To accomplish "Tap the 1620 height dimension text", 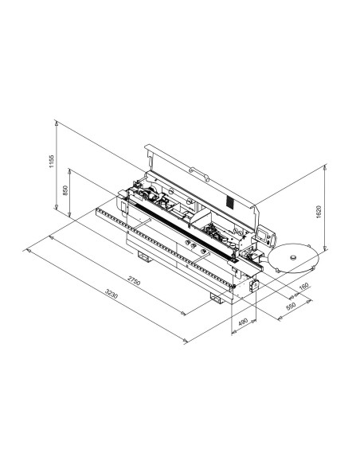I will point(319,212).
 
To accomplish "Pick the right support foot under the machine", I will point(217,297).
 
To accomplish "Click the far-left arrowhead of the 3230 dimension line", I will point(29,251).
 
